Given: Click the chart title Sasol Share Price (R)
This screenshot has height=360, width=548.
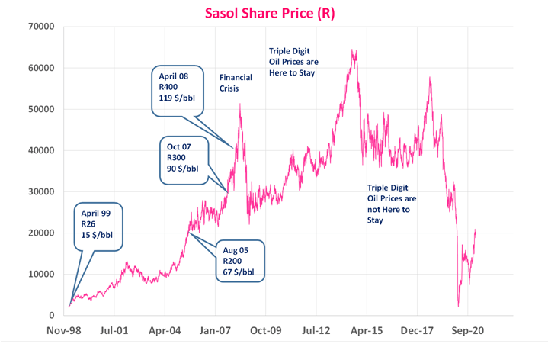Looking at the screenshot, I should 274,12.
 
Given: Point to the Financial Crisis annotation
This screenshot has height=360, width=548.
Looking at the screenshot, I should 236,83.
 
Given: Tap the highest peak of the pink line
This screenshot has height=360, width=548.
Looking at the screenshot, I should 352,51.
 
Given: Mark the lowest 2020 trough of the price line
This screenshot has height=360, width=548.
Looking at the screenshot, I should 458,307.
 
